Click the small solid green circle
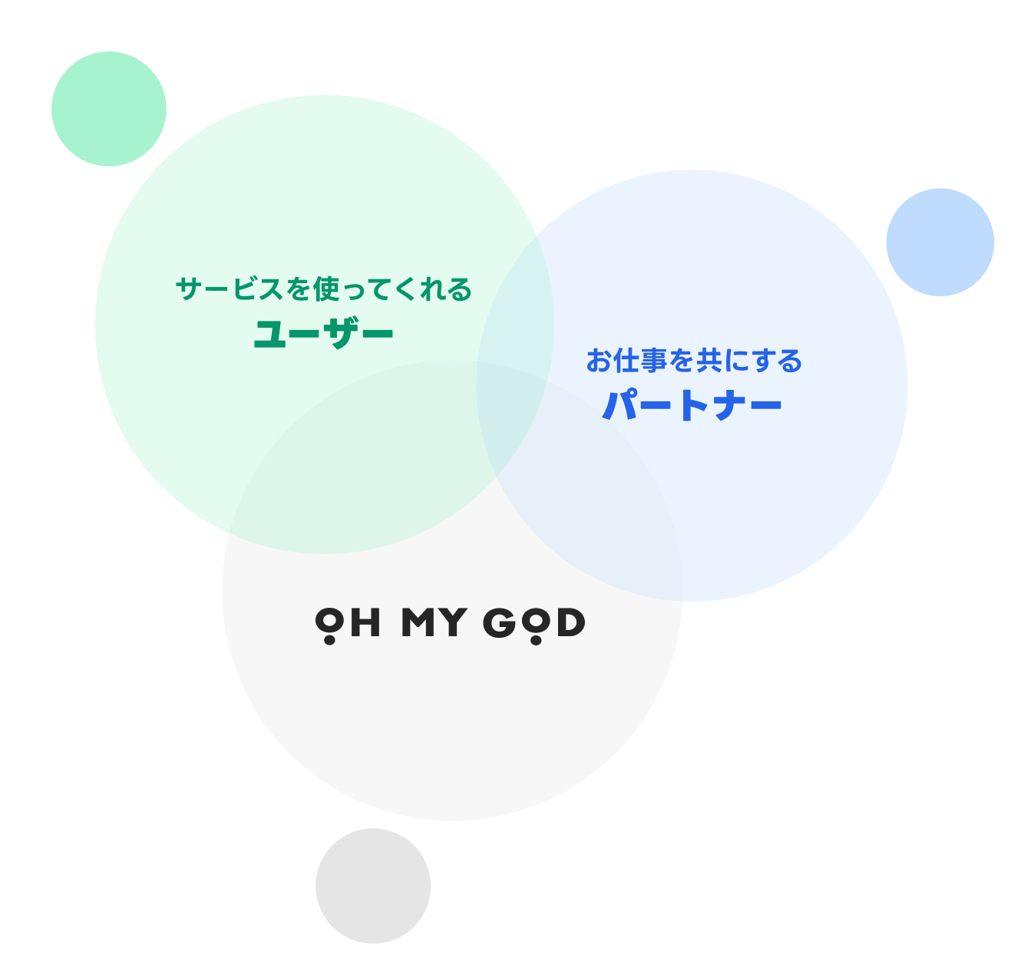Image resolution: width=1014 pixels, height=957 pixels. pos(109,109)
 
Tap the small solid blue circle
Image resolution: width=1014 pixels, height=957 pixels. pos(940,242)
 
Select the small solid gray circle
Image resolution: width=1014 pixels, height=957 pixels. pos(373,886)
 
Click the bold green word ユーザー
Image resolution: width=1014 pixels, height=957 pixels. pos(323,334)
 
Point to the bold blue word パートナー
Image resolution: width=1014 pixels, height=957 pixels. pos(692,405)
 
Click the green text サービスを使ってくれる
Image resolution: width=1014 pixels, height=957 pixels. pos(324,289)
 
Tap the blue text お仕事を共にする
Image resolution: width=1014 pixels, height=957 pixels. pos(694,361)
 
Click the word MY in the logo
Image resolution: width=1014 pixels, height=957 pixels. pos(434,622)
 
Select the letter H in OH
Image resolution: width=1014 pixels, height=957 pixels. pos(365,622)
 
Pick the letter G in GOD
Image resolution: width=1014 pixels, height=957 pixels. pos(500,622)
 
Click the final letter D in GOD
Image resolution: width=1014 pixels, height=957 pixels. pos(571,622)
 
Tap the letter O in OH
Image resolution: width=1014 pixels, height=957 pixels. pos(329,620)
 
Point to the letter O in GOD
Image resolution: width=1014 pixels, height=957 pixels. pos(536,620)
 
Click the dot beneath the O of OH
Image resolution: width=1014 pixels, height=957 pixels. pos(329,640)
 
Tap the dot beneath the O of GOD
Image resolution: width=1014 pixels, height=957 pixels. pos(536,640)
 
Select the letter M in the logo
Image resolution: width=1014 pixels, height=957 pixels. pos(418,622)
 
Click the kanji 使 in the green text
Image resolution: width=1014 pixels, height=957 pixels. pos(326,289)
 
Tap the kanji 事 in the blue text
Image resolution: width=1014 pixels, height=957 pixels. pos(655,361)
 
